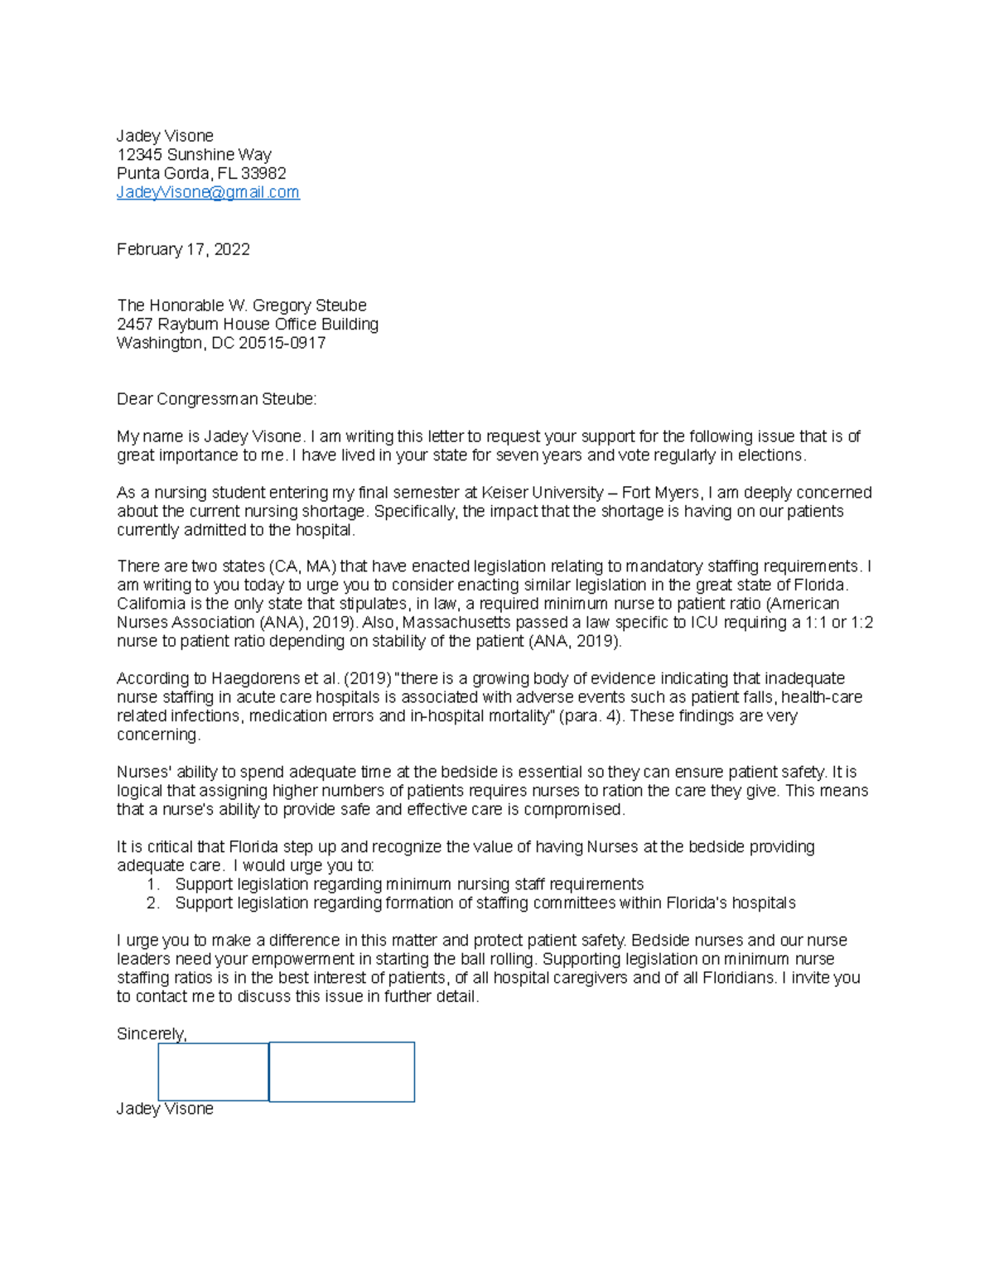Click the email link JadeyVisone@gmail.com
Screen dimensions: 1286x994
(x=208, y=192)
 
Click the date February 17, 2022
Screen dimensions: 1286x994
(x=183, y=249)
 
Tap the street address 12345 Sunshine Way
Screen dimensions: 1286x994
(x=194, y=155)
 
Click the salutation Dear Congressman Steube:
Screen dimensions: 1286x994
(x=216, y=399)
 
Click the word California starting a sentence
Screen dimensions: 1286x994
(x=152, y=604)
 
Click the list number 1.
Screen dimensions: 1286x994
(x=152, y=884)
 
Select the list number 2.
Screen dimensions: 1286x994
(x=152, y=903)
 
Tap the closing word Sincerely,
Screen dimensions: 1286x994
(x=152, y=1033)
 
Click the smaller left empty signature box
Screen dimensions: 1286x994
(x=213, y=1072)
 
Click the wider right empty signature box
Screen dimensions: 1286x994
(x=341, y=1072)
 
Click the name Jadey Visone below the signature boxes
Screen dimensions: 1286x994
(x=165, y=1109)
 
